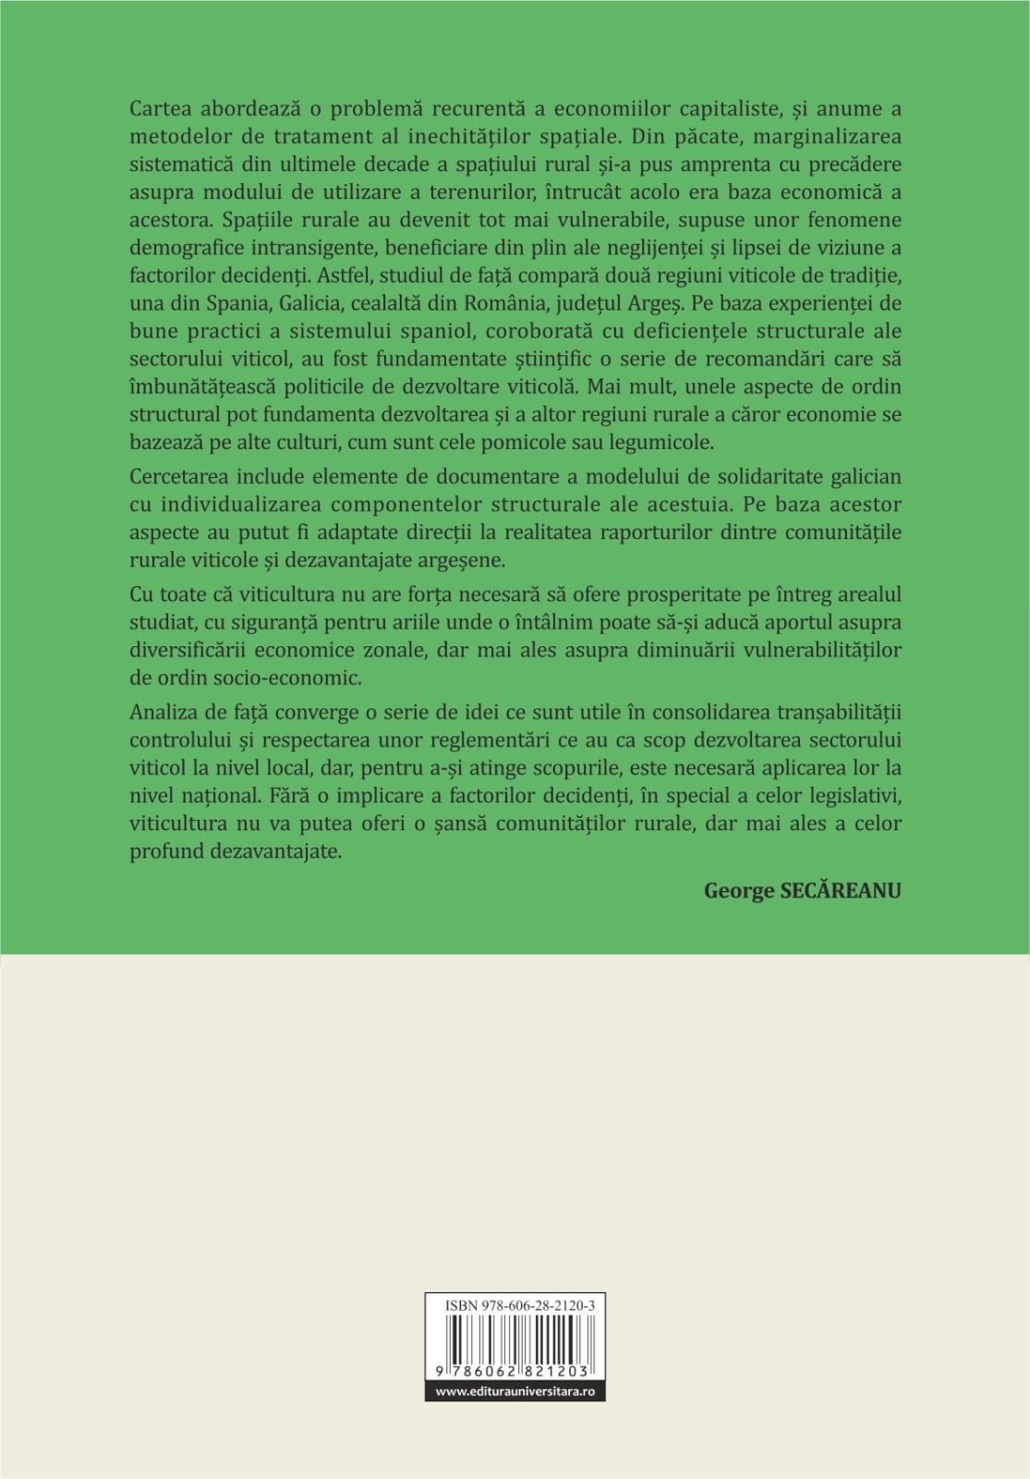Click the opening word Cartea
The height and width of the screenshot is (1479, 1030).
[x=162, y=109]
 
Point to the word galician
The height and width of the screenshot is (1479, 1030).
[x=863, y=477]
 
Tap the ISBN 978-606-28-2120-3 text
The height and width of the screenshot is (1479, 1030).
[x=519, y=1305]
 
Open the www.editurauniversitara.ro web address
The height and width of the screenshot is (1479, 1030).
[x=515, y=1391]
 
